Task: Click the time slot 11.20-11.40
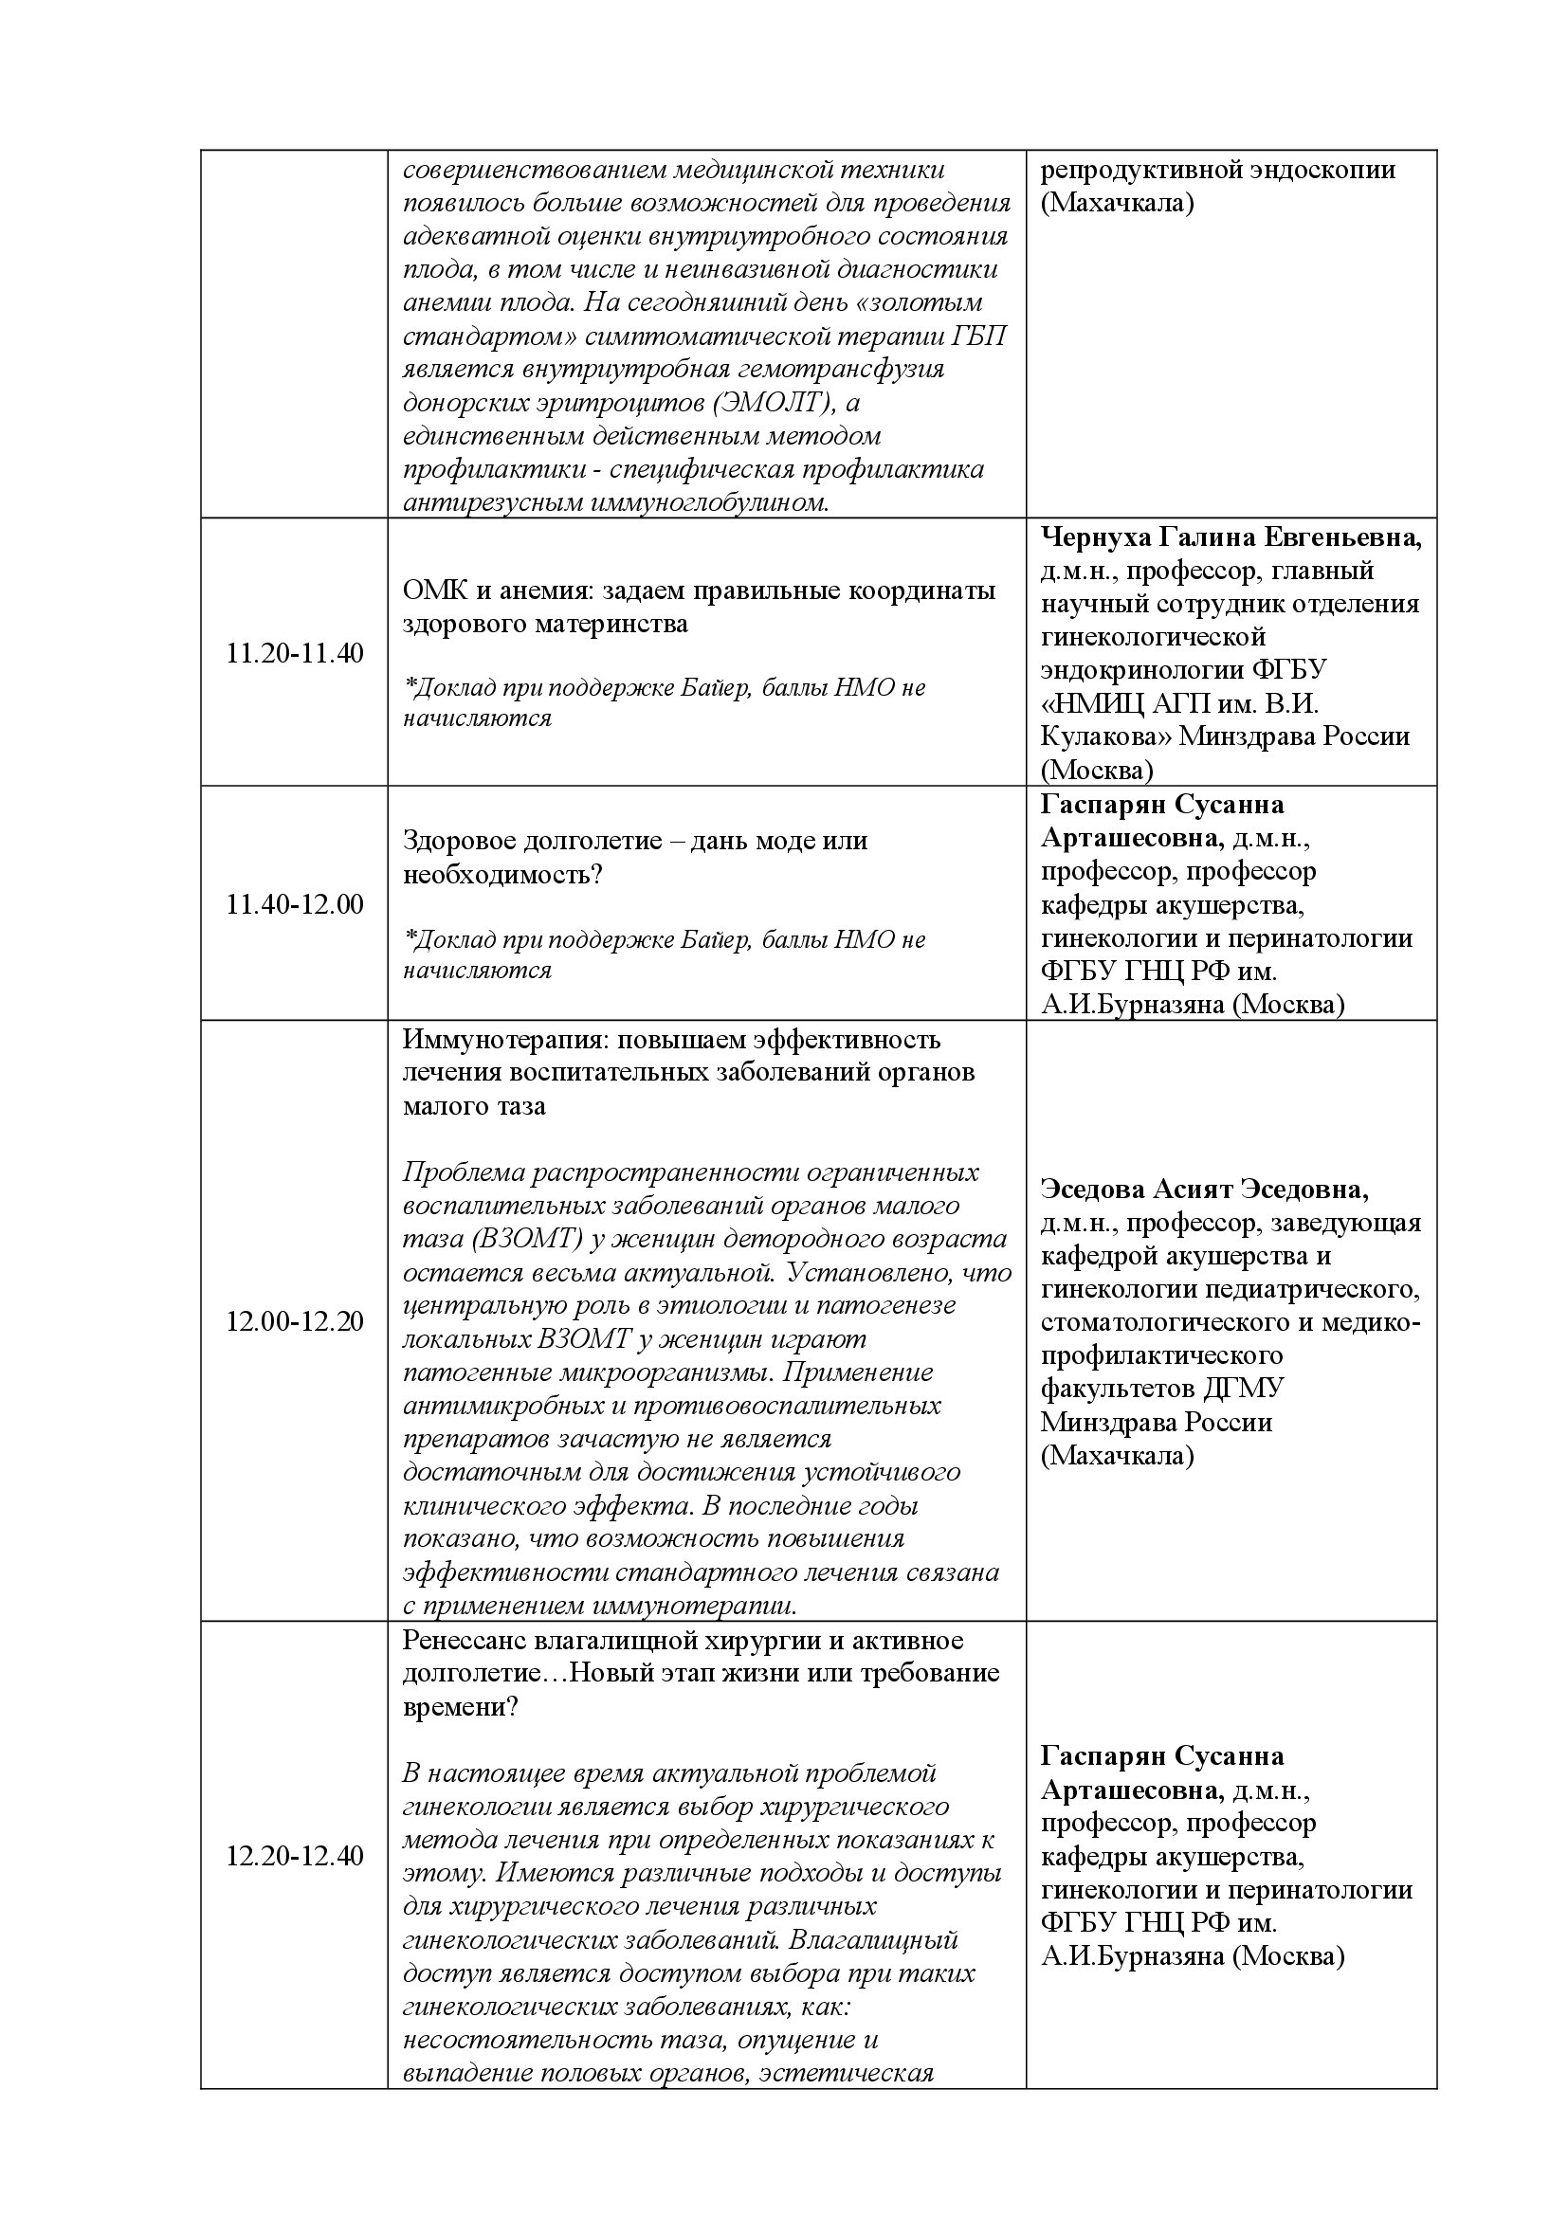click(x=295, y=654)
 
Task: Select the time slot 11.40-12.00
click(x=295, y=905)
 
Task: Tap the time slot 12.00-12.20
click(x=295, y=1321)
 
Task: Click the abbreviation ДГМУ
click(x=1245, y=1389)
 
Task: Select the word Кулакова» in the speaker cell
click(x=1103, y=736)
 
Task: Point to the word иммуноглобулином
click(x=710, y=502)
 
